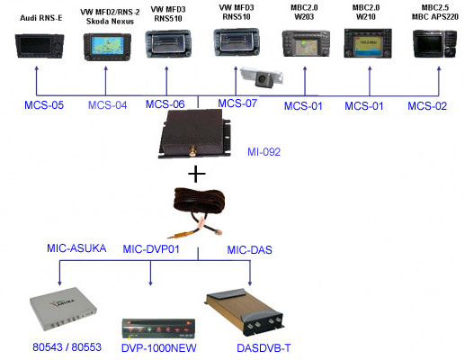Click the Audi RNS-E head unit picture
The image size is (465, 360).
point(40,46)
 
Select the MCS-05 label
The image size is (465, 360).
point(44,105)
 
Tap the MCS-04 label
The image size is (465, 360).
point(107,105)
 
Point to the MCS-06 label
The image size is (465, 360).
point(165,104)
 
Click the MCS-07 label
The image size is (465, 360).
point(237,103)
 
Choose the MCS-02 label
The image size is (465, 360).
point(427,106)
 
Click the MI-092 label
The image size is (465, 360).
point(264,152)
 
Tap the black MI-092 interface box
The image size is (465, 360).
point(194,133)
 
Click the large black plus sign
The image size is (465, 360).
point(197,174)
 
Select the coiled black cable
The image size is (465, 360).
point(199,212)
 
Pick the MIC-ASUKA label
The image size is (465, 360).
point(76,248)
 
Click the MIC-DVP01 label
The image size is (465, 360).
point(151,249)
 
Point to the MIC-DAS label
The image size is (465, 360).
point(250,249)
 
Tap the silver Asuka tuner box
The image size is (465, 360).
point(63,309)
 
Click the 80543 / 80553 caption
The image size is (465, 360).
point(67,347)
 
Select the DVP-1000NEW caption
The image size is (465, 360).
point(159,348)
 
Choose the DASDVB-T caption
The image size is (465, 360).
point(264,348)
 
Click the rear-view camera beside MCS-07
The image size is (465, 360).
point(262,76)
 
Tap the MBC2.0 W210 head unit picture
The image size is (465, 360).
point(368,43)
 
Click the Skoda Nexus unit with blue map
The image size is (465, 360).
point(107,47)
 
